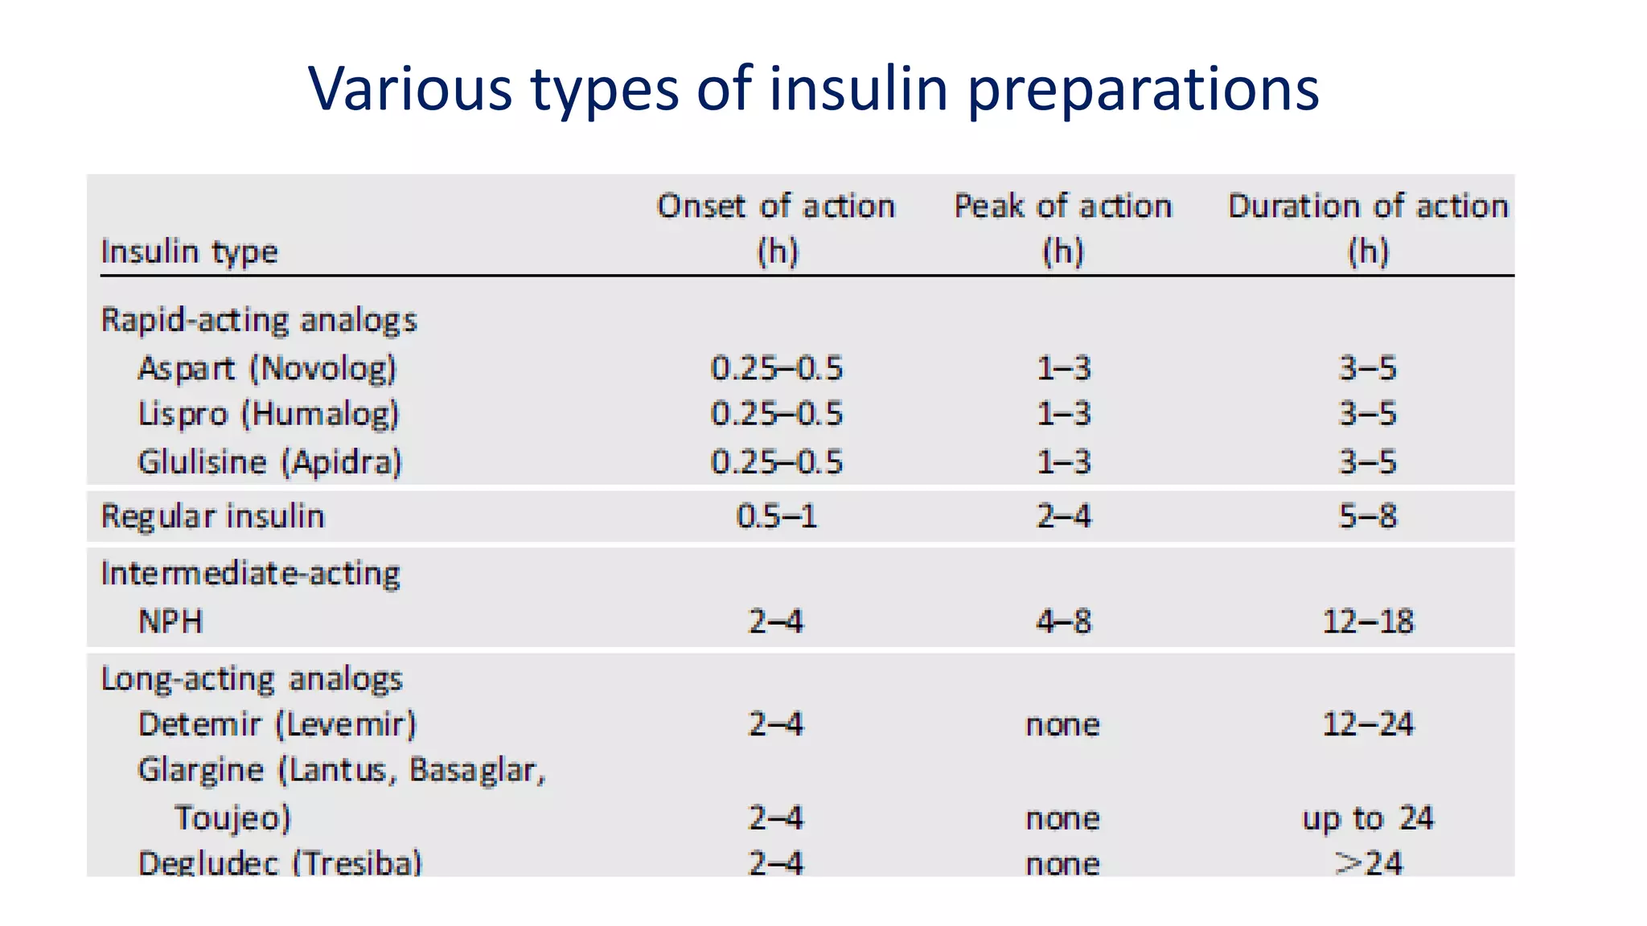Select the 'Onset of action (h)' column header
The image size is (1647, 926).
[776, 228]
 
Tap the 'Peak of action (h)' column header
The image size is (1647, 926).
[1062, 228]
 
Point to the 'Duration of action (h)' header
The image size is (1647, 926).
[1367, 228]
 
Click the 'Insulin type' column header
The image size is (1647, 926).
[189, 252]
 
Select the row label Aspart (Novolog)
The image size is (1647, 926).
[267, 368]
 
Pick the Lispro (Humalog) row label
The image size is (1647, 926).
[268, 414]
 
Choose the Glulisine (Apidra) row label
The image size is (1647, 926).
[269, 462]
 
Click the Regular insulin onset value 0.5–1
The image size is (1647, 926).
[776, 516]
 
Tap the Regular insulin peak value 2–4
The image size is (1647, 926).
[1063, 516]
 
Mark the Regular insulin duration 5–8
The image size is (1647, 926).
[1367, 516]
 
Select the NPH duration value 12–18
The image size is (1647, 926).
[1367, 621]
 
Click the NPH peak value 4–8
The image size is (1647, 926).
[1063, 621]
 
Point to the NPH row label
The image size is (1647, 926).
[170, 621]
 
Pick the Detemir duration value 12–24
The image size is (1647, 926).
[1367, 724]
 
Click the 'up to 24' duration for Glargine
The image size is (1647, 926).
[1367, 818]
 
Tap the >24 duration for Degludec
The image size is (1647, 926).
[1367, 863]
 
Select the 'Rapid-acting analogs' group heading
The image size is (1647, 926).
[259, 320]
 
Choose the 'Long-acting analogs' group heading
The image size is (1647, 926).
[251, 679]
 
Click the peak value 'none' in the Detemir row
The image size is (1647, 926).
[1062, 725]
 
